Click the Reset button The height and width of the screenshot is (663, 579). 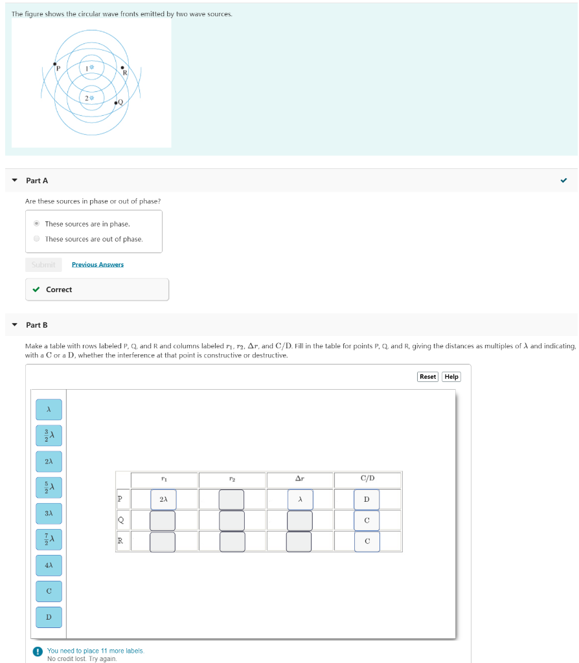(427, 376)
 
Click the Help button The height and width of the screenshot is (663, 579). (451, 376)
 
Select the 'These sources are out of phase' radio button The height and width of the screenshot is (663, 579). (37, 239)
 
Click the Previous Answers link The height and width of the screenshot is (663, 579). (97, 264)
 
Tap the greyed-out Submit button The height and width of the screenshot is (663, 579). (43, 264)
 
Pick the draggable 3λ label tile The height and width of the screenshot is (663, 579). (49, 513)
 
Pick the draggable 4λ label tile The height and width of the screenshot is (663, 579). (49, 565)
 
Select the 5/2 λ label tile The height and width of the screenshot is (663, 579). (49, 487)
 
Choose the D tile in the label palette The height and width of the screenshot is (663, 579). (49, 617)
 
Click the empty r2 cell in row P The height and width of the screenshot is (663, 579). (232, 499)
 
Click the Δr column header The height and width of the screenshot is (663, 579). (299, 479)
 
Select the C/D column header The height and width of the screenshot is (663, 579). (367, 479)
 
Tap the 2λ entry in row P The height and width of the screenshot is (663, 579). (163, 499)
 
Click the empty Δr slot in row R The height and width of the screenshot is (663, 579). (299, 541)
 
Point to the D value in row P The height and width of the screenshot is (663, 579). (367, 499)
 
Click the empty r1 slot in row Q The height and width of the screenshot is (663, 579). (163, 521)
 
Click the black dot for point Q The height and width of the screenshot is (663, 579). (116, 103)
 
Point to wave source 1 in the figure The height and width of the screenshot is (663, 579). (91, 67)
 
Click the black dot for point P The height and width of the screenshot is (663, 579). (54, 64)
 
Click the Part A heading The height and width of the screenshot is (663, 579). (37, 180)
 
